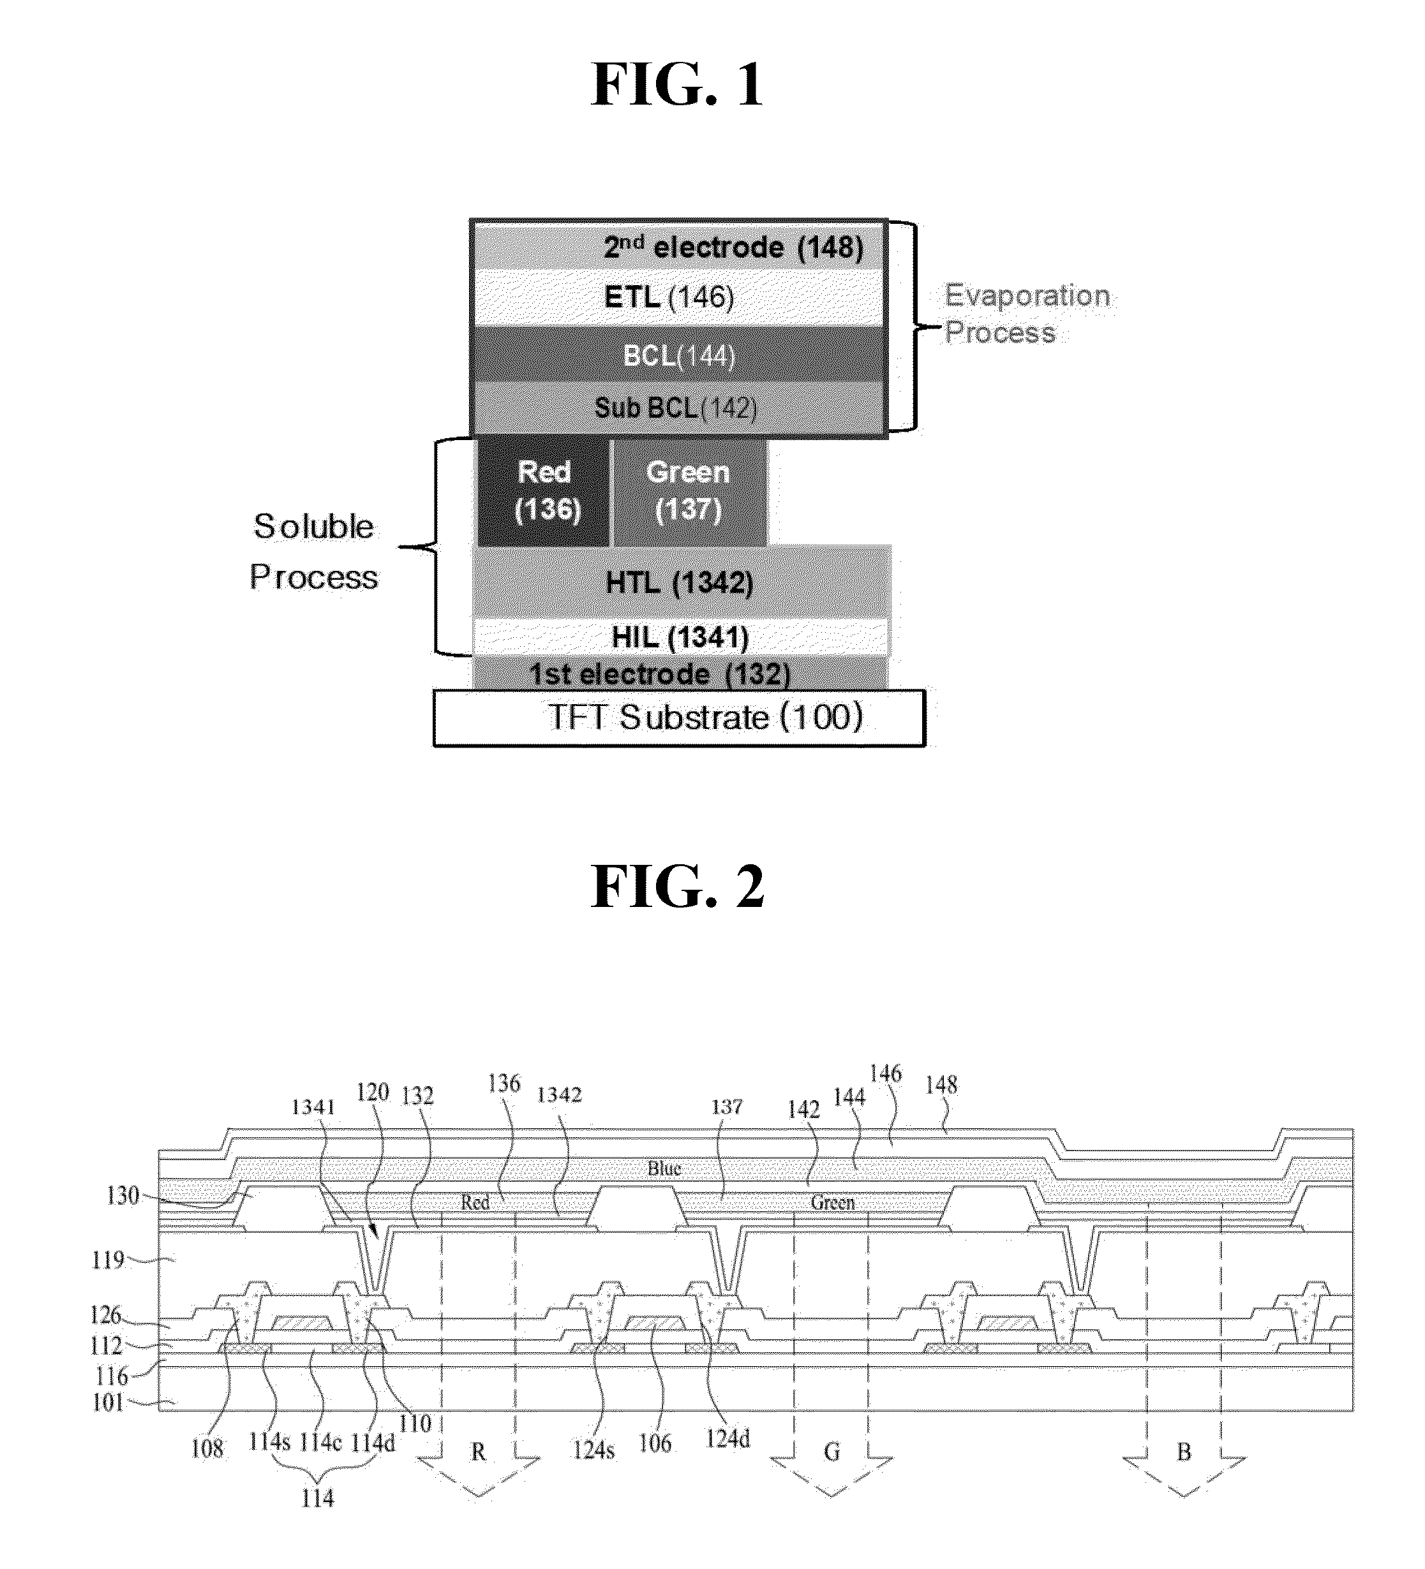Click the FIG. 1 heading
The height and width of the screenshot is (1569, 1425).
[x=678, y=85]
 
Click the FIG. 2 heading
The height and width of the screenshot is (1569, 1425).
[x=678, y=887]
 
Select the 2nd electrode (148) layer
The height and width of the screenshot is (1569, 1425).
[x=679, y=247]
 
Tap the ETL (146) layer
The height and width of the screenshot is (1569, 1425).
[x=679, y=297]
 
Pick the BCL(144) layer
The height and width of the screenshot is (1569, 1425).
[x=679, y=354]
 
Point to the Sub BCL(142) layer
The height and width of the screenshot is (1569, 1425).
[x=679, y=407]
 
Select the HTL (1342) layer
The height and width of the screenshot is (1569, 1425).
[x=680, y=582]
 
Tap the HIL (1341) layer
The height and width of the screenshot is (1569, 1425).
[x=680, y=637]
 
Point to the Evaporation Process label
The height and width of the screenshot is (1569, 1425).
[x=1027, y=314]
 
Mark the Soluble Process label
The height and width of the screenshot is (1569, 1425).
[x=314, y=552]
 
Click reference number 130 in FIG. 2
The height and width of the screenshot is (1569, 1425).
[x=123, y=1195]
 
